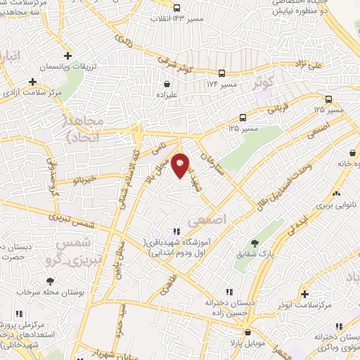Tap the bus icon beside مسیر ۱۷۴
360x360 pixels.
click(x=222, y=72)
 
